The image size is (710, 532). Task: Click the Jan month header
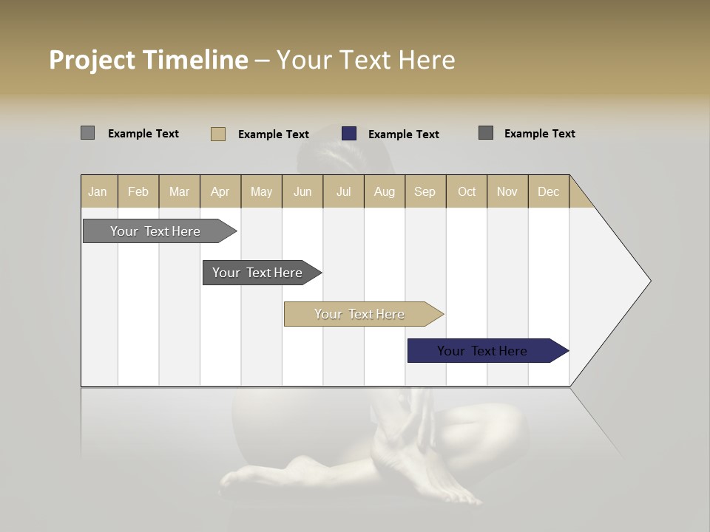point(98,191)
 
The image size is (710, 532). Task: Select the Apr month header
point(220,191)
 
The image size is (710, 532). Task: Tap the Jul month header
point(343,191)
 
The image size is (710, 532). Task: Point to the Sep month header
point(425,191)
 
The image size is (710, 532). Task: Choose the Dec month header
point(548,191)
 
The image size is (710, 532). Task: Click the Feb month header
point(138,191)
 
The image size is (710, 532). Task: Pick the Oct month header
point(467,191)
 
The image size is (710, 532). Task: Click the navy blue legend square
point(349,134)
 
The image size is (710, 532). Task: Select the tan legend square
point(218,134)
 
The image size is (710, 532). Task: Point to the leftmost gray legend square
point(87,133)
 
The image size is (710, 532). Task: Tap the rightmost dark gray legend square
point(486,133)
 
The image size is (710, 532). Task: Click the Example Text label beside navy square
point(403,134)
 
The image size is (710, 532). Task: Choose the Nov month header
point(507,191)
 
